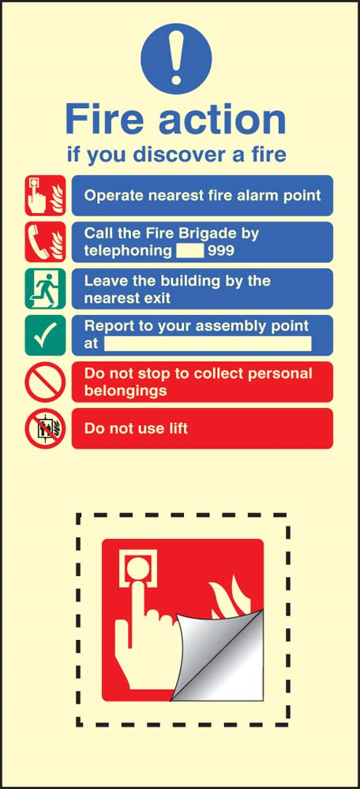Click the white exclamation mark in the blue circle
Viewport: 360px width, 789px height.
click(x=176, y=58)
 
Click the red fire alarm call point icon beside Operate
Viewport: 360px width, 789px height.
click(x=45, y=195)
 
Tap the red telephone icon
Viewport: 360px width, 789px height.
click(x=45, y=242)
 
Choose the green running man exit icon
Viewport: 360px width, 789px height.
click(x=45, y=289)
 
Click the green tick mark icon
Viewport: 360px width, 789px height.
click(x=45, y=335)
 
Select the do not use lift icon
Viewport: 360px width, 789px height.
click(x=45, y=428)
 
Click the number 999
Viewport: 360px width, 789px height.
click(x=221, y=250)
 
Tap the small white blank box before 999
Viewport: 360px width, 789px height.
click(x=190, y=250)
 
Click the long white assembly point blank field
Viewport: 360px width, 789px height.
click(x=208, y=344)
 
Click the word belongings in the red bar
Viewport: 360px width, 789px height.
click(x=126, y=391)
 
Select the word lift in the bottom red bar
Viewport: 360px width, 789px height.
click(x=179, y=428)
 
